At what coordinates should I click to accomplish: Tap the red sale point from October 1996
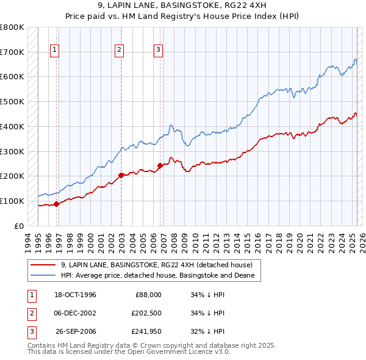pyautogui.click(x=56, y=204)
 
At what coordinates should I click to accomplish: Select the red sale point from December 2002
pyautogui.click(x=120, y=175)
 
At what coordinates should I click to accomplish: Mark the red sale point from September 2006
pyautogui.click(x=160, y=165)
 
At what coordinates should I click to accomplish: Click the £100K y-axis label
pyautogui.click(x=13, y=201)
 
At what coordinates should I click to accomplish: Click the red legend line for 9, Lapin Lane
pyautogui.click(x=43, y=265)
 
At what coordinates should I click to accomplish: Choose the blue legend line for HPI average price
pyautogui.click(x=43, y=275)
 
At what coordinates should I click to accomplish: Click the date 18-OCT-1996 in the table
pyautogui.click(x=75, y=295)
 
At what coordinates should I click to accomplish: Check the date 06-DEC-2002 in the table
pyautogui.click(x=75, y=313)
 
